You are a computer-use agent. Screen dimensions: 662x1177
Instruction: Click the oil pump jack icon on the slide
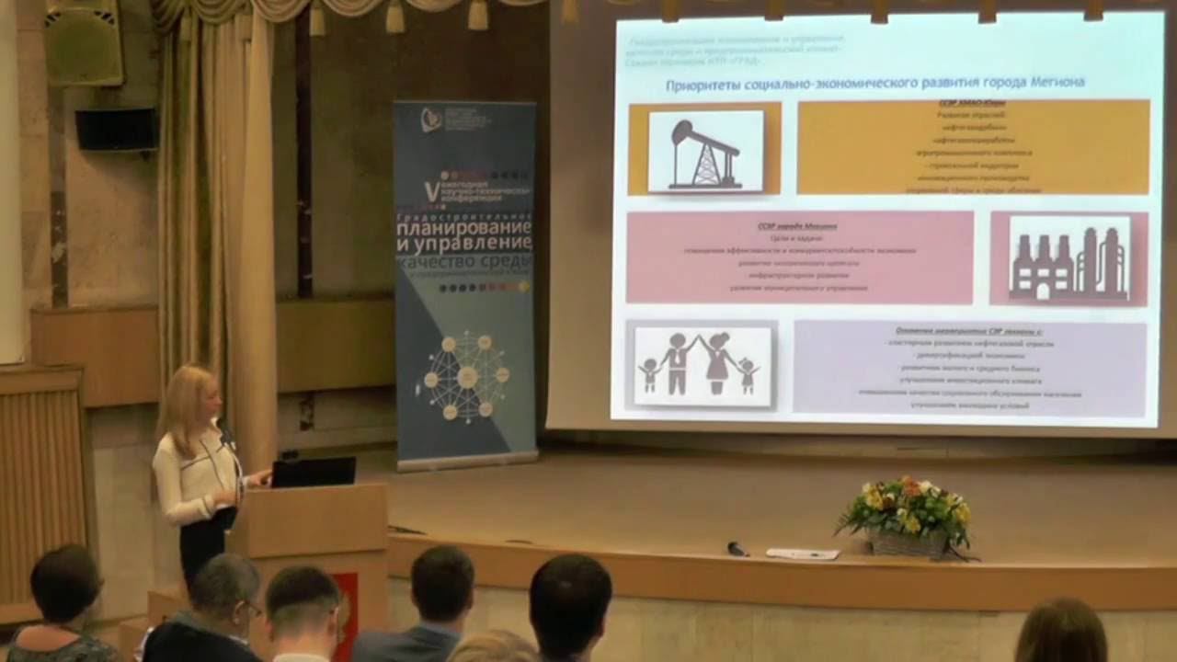[705, 151]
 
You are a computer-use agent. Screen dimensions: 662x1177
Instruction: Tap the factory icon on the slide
[1068, 258]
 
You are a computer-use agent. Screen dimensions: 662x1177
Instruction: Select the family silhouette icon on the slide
[702, 365]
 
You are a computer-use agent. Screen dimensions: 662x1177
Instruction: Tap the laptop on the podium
[313, 472]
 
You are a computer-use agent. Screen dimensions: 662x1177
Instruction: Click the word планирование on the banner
[465, 226]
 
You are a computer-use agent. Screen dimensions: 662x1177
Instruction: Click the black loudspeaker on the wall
[118, 129]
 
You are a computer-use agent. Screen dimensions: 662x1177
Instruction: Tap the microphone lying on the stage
[737, 549]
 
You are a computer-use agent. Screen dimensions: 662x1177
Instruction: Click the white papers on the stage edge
[803, 554]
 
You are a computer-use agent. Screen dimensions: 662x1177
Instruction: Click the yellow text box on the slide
[973, 147]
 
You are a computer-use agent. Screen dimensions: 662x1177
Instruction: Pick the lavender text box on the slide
[969, 368]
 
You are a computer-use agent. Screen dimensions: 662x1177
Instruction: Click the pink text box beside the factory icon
[799, 257]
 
